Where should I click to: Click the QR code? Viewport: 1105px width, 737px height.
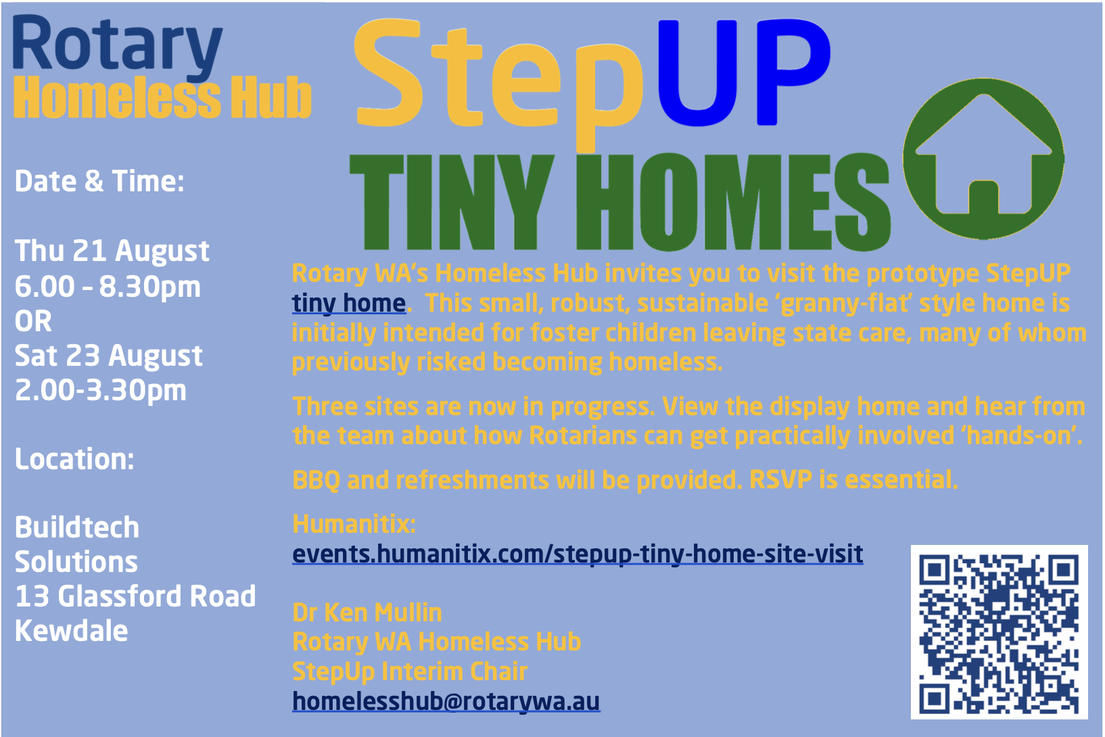pyautogui.click(x=999, y=632)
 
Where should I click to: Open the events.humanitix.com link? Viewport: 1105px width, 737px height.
pyautogui.click(x=578, y=554)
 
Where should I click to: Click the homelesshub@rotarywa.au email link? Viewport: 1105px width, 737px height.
pyautogui.click(x=446, y=701)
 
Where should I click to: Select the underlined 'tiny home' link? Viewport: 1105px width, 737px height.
pyautogui.click(x=349, y=303)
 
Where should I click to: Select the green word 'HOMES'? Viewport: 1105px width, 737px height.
pyautogui.click(x=733, y=201)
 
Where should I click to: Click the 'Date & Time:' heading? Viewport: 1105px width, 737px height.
pyautogui.click(x=99, y=181)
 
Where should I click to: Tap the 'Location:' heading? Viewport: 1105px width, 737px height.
pyautogui.click(x=74, y=459)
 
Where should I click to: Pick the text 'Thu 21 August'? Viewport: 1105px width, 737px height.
pyautogui.click(x=112, y=251)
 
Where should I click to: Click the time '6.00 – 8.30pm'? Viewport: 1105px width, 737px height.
pyautogui.click(x=108, y=287)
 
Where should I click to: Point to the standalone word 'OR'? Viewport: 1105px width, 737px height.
pyautogui.click(x=33, y=321)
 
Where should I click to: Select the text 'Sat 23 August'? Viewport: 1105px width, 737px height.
pyautogui.click(x=108, y=356)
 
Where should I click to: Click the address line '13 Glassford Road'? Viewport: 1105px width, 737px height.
pyautogui.click(x=135, y=596)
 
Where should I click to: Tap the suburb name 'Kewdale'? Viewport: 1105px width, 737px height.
pyautogui.click(x=71, y=631)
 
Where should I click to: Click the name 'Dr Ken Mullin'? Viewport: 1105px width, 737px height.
pyautogui.click(x=367, y=613)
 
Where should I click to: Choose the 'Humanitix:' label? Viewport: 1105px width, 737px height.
pyautogui.click(x=354, y=524)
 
